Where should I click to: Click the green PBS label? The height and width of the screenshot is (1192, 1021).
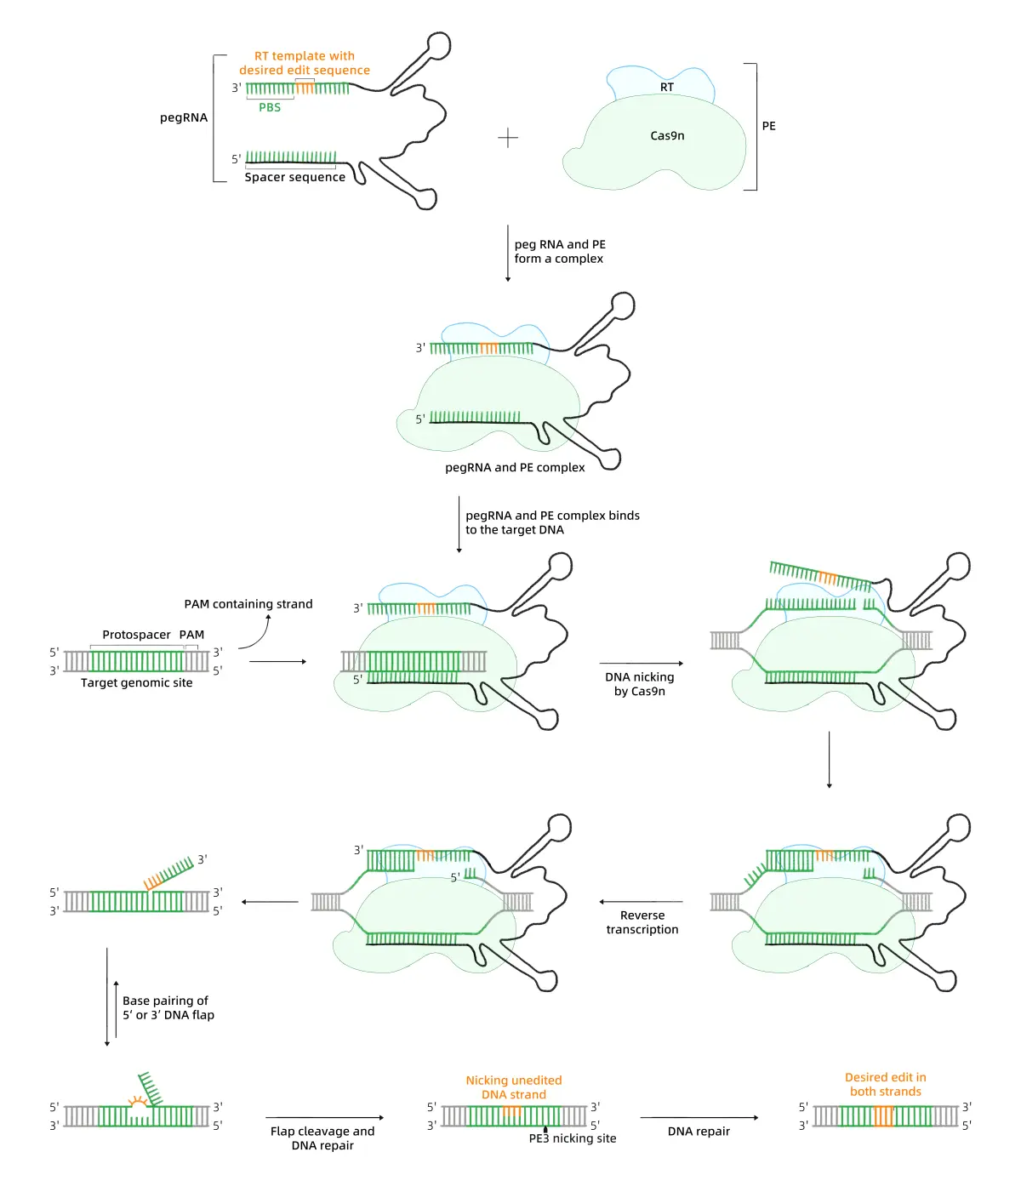[270, 107]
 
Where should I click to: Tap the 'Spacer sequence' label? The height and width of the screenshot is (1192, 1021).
[294, 177]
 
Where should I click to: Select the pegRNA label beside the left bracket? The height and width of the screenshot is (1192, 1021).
[184, 117]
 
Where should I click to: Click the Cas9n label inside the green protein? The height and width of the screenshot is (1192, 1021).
[667, 135]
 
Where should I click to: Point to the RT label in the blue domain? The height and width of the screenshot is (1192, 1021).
[667, 87]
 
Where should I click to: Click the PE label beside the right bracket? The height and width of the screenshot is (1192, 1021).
[768, 126]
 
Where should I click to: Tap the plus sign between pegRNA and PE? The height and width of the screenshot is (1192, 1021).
[508, 138]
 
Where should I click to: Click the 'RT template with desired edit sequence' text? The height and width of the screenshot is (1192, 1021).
[305, 63]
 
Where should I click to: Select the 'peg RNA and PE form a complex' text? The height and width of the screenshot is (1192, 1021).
[560, 251]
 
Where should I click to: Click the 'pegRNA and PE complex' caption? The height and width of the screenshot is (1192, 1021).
[515, 467]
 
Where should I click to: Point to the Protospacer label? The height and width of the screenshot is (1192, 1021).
[136, 635]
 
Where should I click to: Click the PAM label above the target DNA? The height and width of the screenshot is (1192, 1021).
[191, 635]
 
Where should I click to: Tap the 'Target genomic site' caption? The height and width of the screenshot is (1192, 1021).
[136, 682]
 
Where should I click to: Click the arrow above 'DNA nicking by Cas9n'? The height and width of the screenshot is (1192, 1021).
[641, 663]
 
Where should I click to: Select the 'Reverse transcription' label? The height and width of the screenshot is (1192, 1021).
[642, 922]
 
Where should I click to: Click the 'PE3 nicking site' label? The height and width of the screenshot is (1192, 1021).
[573, 1138]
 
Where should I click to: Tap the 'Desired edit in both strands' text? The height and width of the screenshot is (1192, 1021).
[885, 1084]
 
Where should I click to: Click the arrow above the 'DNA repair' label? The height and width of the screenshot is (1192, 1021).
[699, 1117]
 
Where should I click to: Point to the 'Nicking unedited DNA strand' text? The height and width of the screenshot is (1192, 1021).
[513, 1087]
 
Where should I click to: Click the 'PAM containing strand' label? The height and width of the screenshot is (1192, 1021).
[248, 604]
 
